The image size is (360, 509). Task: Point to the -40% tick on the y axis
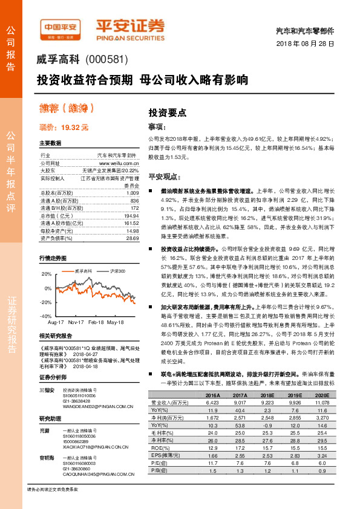point(46,316)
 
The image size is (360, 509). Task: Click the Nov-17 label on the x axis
point(76,323)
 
